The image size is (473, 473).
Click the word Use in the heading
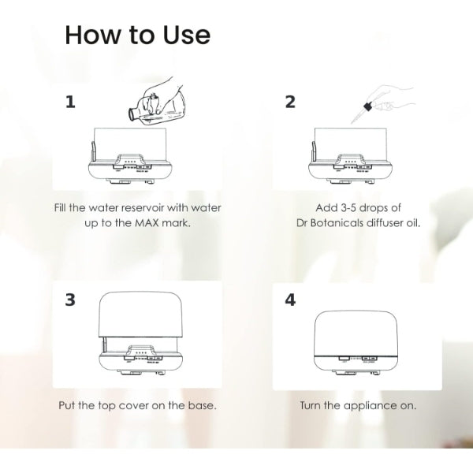pos(187,35)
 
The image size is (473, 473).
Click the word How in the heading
pos(92,35)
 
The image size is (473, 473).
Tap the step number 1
pos(70,102)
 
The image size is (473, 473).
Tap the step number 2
pos(290,102)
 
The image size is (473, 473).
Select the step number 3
pos(70,300)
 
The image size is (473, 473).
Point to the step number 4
pos(290,300)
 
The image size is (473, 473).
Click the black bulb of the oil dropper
pos(368,106)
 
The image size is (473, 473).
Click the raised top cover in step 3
pos(141,315)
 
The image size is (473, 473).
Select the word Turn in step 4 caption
pos(311,405)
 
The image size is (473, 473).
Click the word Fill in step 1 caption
pos(61,208)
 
